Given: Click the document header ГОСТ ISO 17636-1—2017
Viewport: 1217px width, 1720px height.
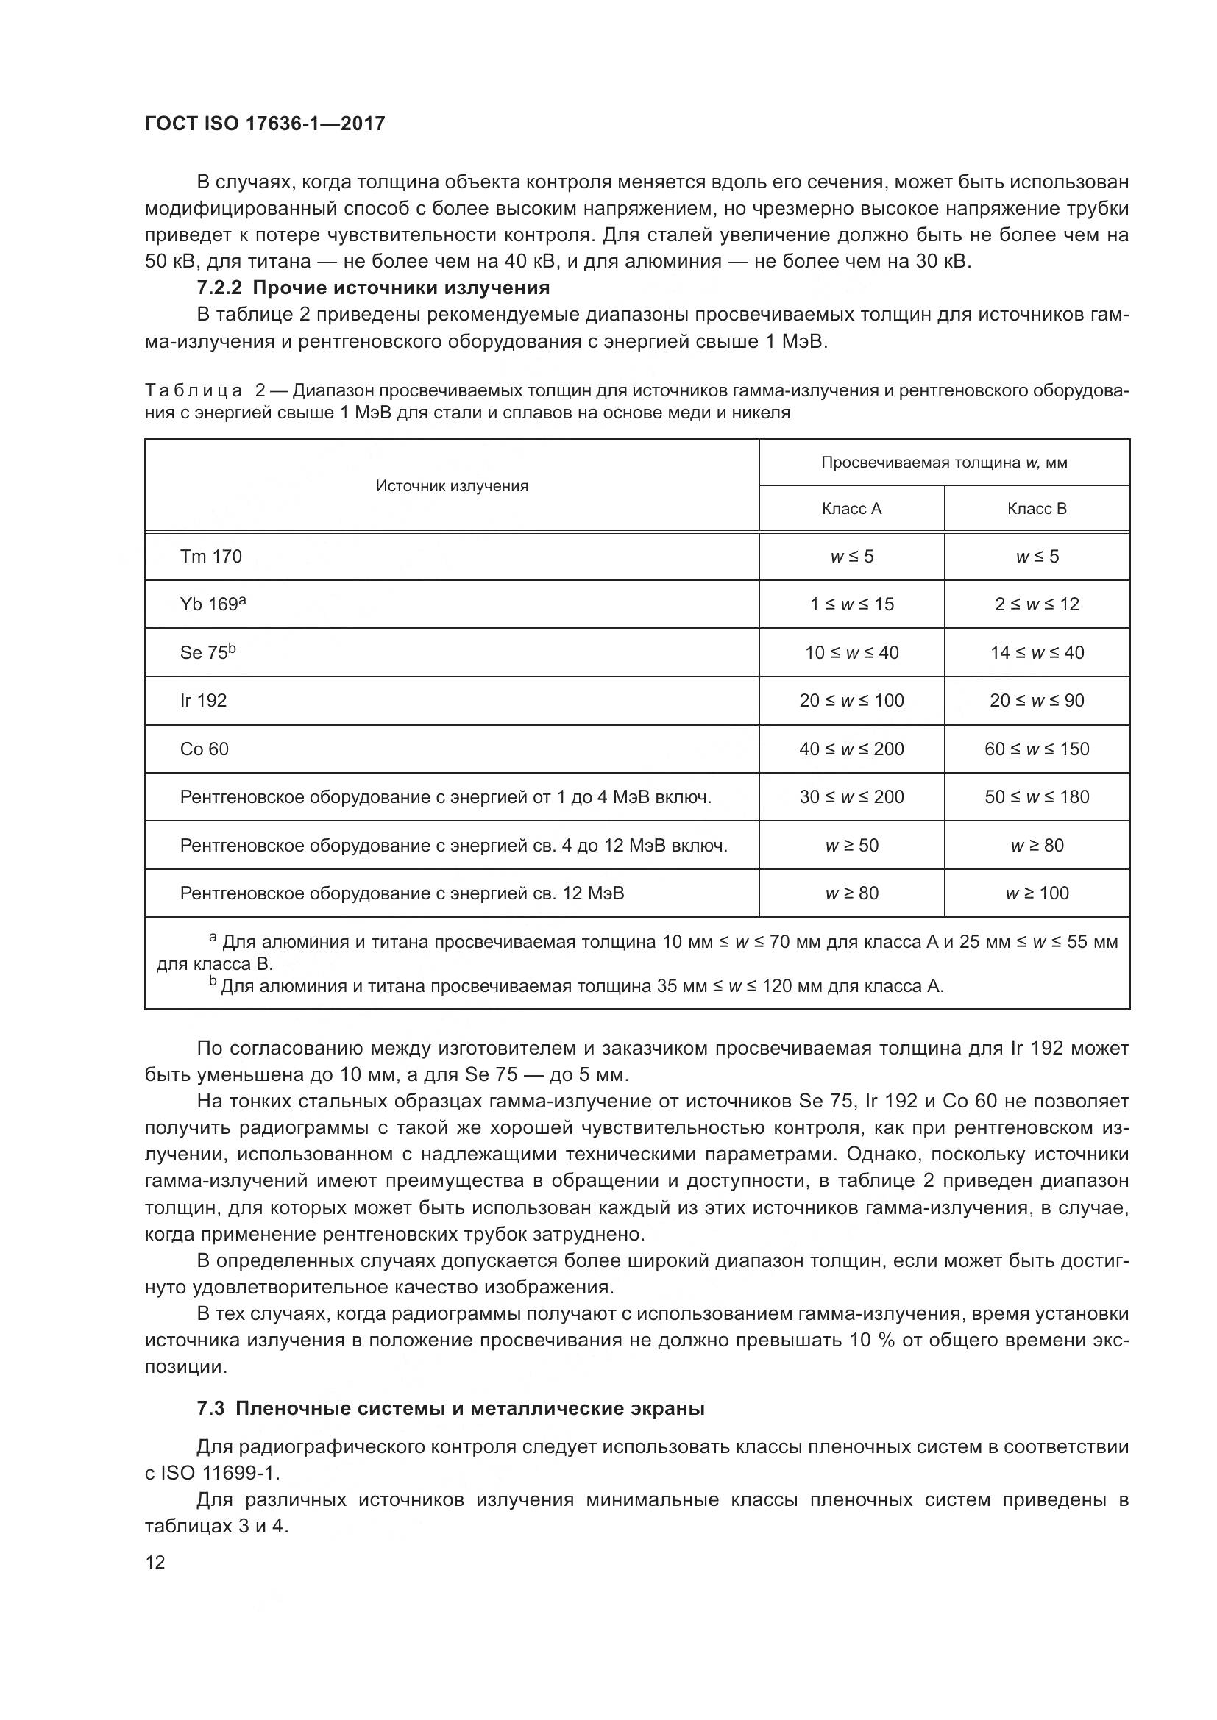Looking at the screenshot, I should (265, 124).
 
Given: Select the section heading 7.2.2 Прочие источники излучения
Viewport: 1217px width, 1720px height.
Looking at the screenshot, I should (373, 288).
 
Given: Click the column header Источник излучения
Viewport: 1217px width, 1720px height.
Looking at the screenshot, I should (452, 486).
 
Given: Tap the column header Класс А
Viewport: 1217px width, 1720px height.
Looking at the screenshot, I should (851, 509).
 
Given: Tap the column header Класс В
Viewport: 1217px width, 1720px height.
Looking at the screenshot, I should (1037, 509).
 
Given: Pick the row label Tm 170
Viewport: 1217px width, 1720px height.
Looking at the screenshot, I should (210, 557).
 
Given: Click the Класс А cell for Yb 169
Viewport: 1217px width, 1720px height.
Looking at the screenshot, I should (851, 604).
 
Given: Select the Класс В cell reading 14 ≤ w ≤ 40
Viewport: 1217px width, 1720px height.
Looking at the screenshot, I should (1037, 652).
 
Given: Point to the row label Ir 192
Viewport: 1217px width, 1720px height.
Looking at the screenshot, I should (203, 701).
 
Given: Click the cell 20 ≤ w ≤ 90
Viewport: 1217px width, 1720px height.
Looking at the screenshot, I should (1037, 701).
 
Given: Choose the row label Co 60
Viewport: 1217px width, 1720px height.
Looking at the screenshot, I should (204, 749).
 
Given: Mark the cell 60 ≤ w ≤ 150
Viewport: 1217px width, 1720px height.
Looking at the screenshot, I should (1037, 749).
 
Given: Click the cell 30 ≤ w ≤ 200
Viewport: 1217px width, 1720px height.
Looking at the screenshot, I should (851, 797).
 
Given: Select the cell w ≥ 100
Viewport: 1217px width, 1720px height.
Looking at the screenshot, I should (1037, 893).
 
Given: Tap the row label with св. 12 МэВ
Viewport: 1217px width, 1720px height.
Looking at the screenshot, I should (402, 893).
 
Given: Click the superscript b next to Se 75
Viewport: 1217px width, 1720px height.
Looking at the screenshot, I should (233, 648).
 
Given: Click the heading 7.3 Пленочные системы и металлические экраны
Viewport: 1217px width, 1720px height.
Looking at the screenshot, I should (450, 1409).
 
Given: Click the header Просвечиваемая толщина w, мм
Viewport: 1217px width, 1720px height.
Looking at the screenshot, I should (943, 463).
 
